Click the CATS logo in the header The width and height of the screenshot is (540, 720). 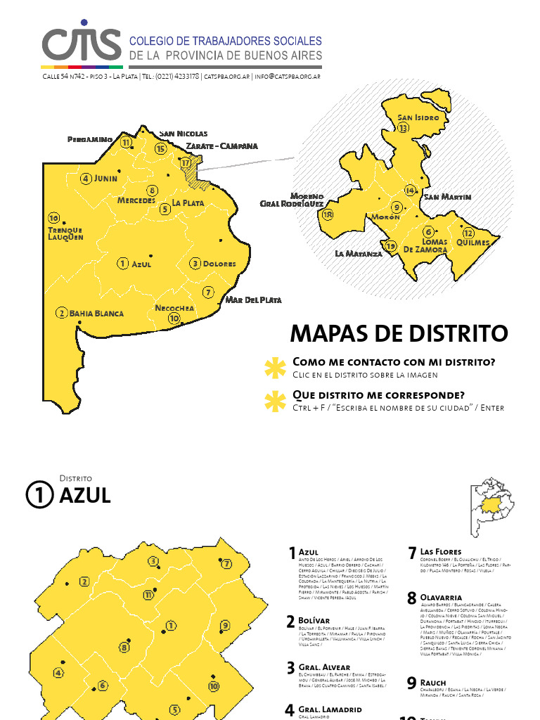(81, 45)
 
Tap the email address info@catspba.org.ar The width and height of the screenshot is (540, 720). (288, 76)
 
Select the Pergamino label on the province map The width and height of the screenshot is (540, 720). (90, 139)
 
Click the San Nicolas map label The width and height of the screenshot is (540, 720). (183, 133)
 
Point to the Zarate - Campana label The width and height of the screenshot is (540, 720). (221, 146)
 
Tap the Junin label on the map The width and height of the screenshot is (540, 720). (105, 179)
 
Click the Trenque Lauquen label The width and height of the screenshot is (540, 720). (65, 233)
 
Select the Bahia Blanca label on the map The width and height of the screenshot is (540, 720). (96, 314)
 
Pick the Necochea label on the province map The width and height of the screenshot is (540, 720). (174, 308)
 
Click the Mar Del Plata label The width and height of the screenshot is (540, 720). (253, 300)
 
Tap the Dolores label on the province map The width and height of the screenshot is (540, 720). (219, 264)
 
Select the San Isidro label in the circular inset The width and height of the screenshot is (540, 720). (418, 117)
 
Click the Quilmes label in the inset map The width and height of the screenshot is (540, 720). (472, 242)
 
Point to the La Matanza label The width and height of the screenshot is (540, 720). (358, 253)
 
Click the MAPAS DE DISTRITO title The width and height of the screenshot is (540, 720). (399, 333)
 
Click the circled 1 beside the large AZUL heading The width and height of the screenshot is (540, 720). (39, 495)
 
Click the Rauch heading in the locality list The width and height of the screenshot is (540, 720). (433, 682)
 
